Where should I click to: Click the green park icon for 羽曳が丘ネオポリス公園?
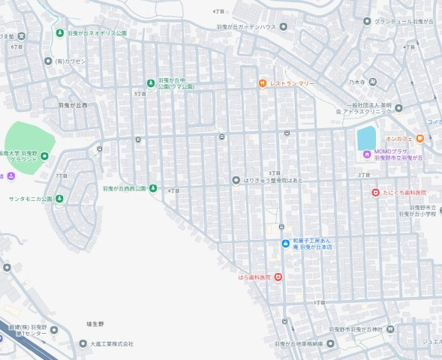59,34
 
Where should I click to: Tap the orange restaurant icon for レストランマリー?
262,82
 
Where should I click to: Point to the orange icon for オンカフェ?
419,138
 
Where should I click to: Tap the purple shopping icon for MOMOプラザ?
366,155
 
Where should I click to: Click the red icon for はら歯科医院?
278,277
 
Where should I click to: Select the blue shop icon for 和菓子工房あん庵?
285,244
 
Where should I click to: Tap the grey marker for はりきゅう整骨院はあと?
236,180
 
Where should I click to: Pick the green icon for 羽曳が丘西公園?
152,188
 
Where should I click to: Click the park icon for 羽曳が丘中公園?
151,82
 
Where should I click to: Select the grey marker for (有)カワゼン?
48,61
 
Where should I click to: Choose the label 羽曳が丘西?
73,105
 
